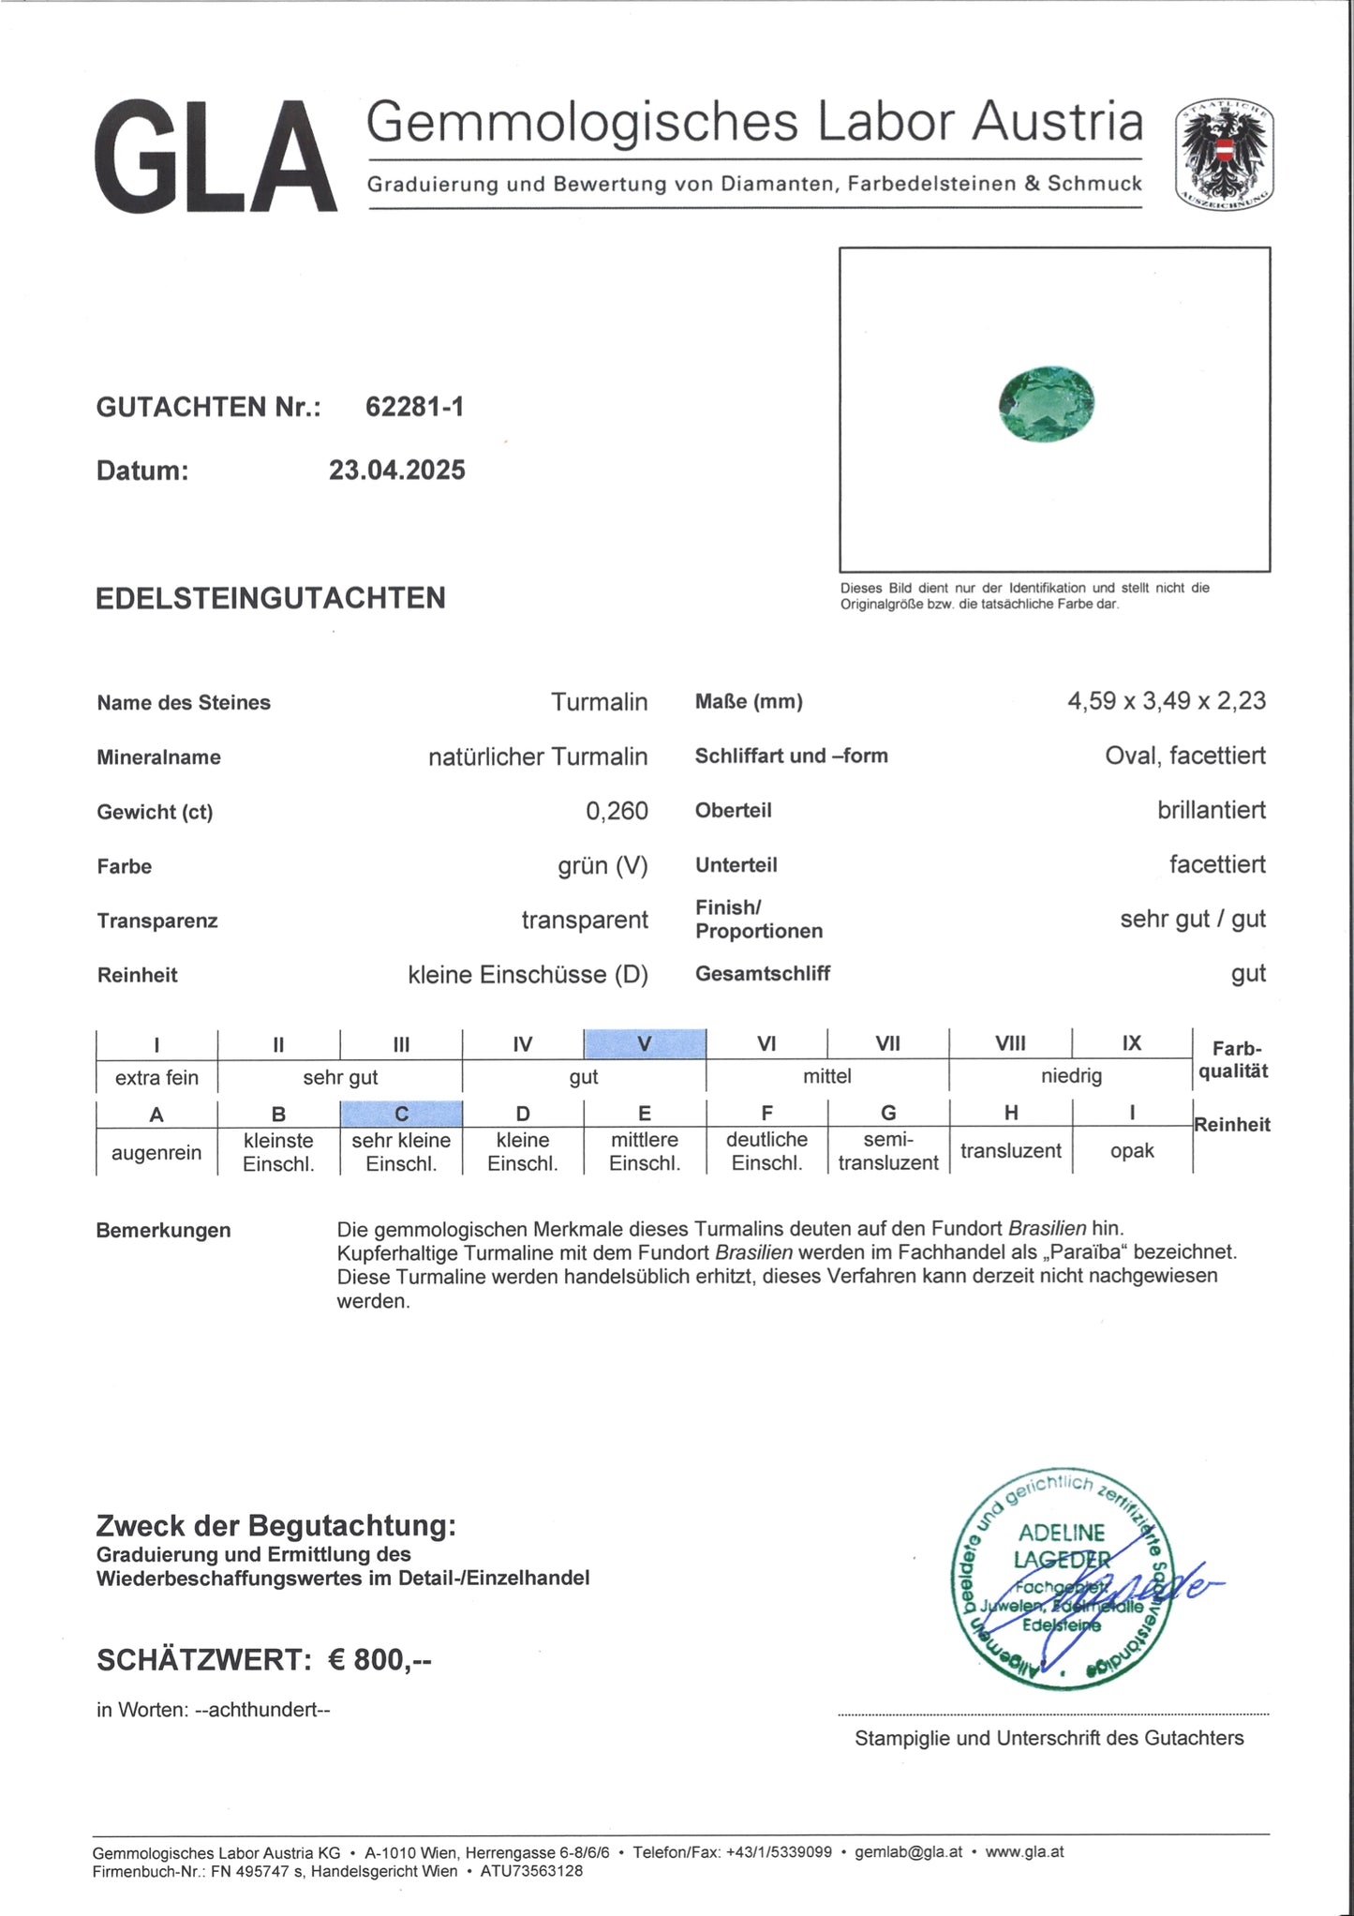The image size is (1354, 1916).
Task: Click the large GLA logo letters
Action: tap(216, 157)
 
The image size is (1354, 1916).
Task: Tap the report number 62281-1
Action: tap(414, 407)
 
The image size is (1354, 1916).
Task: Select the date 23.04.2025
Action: tap(396, 471)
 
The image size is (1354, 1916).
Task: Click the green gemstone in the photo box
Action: tap(1047, 403)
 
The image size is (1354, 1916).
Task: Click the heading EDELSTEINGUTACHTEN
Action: tap(270, 598)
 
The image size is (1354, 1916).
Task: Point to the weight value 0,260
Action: tap(617, 811)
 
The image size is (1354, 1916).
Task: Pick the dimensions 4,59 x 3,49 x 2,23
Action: tap(1166, 701)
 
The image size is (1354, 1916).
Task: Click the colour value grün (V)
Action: tap(603, 865)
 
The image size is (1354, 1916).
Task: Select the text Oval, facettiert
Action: tap(1184, 756)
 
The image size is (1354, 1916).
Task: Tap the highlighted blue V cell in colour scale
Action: tap(645, 1043)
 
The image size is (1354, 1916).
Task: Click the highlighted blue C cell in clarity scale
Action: tap(401, 1114)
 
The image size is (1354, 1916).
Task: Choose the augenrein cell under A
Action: tap(156, 1152)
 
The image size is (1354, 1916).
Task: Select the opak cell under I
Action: tap(1132, 1150)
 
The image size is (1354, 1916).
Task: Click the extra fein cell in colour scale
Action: tap(156, 1078)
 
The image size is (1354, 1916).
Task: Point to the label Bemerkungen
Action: tap(163, 1231)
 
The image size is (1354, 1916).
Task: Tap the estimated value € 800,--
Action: tap(379, 1660)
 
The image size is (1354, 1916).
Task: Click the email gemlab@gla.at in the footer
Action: tap(908, 1852)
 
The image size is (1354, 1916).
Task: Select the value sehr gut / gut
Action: tap(1192, 919)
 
